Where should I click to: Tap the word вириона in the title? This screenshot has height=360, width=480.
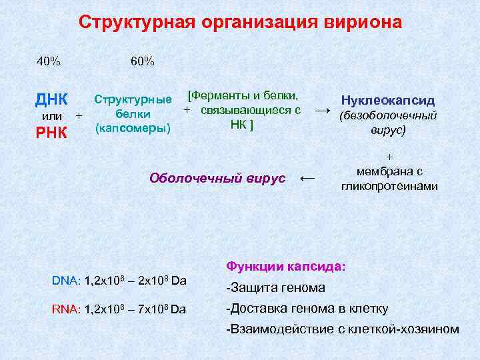pos(366,22)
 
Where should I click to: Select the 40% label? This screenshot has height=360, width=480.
pos(49,62)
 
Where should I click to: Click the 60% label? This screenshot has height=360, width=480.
pos(143,62)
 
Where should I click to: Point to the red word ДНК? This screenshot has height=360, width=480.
pos(51,100)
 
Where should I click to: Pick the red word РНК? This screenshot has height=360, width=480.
pos(51,132)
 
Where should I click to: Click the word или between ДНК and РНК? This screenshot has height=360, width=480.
pos(52,116)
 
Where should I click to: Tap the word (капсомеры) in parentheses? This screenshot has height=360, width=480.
pos(133,127)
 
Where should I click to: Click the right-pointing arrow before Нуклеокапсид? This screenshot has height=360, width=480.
pos(322,109)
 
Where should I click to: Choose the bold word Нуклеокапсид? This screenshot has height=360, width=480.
pos(387,101)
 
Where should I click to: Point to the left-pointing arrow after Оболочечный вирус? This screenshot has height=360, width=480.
pos(307,177)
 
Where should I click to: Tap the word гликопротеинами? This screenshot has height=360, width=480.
pos(389,186)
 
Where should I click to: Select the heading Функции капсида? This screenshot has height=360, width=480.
pos(286,266)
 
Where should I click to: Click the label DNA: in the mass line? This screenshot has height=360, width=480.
pos(66,281)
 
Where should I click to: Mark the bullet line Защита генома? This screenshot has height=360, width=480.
pos(276,288)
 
